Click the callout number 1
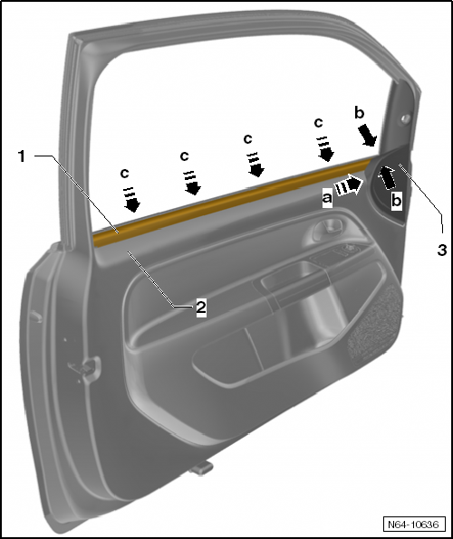tap(22, 156)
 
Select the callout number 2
tap(201, 307)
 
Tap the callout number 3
tap(442, 250)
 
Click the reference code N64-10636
tap(414, 525)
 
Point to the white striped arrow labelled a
tap(348, 185)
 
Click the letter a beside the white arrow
tap(327, 198)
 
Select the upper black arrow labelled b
tap(367, 136)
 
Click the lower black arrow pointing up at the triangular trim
tap(387, 177)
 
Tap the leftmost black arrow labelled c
tap(131, 200)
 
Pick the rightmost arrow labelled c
tap(324, 149)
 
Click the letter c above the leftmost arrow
tap(124, 174)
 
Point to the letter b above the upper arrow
tap(360, 113)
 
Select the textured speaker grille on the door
tap(374, 325)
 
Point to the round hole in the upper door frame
tap(406, 119)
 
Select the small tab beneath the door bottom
tap(201, 468)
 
